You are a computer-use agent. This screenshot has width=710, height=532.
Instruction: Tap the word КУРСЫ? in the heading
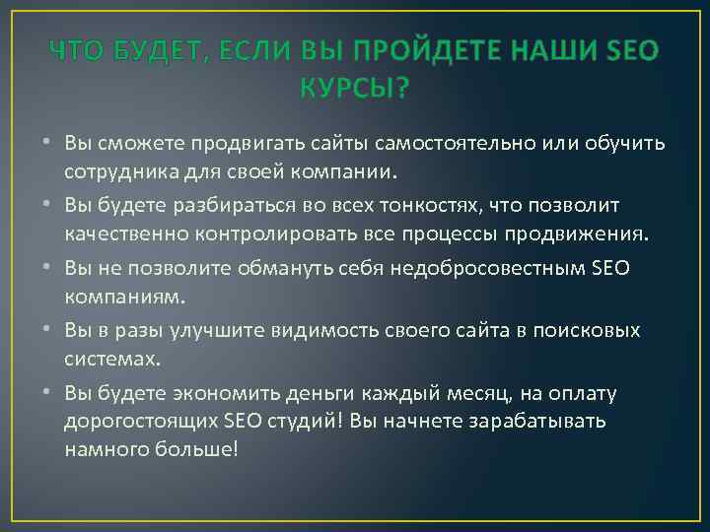click(354, 90)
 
